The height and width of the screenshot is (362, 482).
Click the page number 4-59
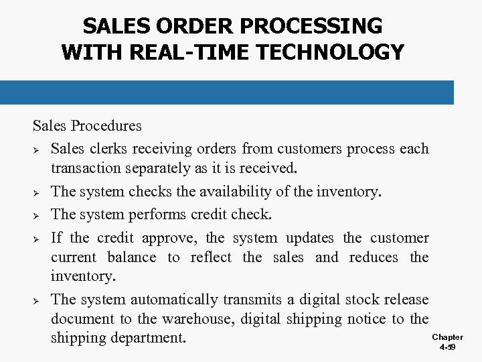coord(447,349)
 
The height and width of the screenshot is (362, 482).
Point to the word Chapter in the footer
coord(447,337)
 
